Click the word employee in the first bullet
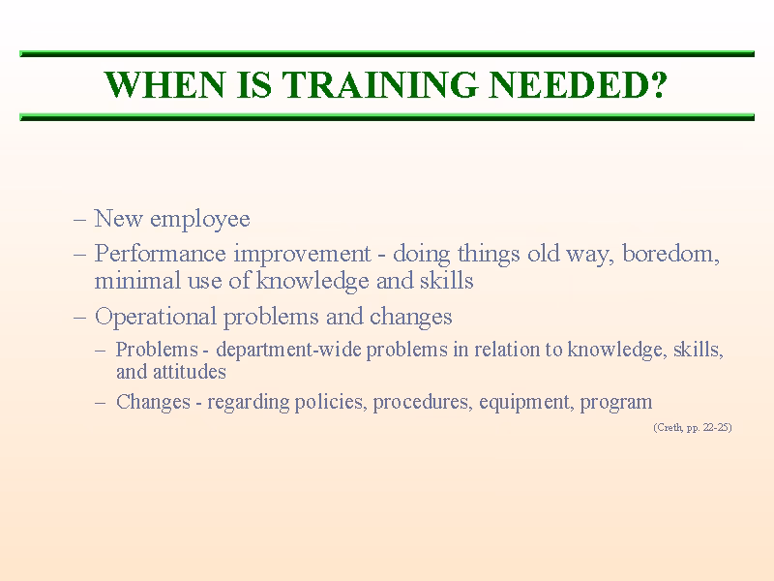coord(200,220)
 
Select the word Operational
coord(156,317)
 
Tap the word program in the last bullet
coord(616,402)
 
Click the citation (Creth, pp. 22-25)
coord(692,427)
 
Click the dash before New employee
coord(80,220)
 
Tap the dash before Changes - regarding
coord(101,402)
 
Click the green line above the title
coord(387,54)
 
